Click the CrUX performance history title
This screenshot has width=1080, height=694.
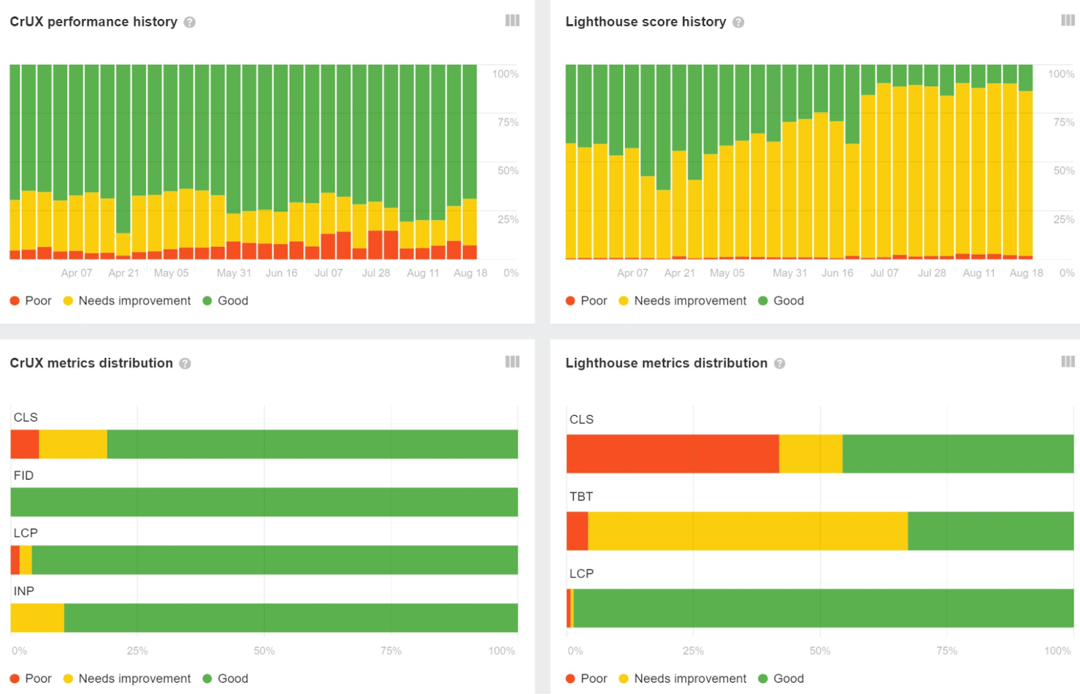[x=93, y=22]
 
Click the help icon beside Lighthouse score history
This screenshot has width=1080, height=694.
[x=738, y=22]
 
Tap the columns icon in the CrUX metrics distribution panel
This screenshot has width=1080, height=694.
[x=512, y=362]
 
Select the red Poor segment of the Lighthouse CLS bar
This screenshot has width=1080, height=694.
[x=672, y=453]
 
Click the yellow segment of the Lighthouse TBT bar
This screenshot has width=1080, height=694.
[x=747, y=531]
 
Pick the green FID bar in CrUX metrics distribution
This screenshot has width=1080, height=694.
[x=264, y=502]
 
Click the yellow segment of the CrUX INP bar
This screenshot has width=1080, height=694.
[x=37, y=618]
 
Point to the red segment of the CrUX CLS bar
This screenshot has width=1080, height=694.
[x=24, y=444]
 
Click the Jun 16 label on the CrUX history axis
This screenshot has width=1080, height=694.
[x=281, y=273]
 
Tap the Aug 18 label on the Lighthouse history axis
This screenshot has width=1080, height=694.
[x=1026, y=273]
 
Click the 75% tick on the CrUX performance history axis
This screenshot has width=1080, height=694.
[x=508, y=122]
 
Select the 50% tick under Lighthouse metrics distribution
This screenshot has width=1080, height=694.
[x=819, y=651]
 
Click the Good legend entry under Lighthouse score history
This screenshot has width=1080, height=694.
[x=781, y=301]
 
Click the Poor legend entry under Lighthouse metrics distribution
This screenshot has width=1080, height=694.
[x=586, y=678]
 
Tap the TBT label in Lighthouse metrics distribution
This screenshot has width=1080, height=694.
[x=580, y=496]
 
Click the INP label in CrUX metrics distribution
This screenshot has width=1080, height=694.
[x=24, y=591]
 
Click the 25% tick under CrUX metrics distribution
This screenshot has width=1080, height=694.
[x=137, y=651]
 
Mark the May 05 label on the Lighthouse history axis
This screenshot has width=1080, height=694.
[x=727, y=273]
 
